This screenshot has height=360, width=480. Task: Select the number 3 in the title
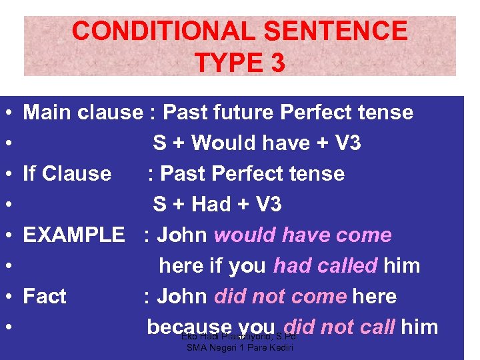277,63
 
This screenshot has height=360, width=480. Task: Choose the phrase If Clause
67,173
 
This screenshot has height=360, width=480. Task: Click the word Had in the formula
212,204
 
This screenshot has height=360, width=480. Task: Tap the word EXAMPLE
74,235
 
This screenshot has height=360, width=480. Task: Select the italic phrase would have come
303,235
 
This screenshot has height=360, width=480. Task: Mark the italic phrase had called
325,265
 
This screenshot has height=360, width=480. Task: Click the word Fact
45,296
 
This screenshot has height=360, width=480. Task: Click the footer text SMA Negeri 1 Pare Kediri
240,348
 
